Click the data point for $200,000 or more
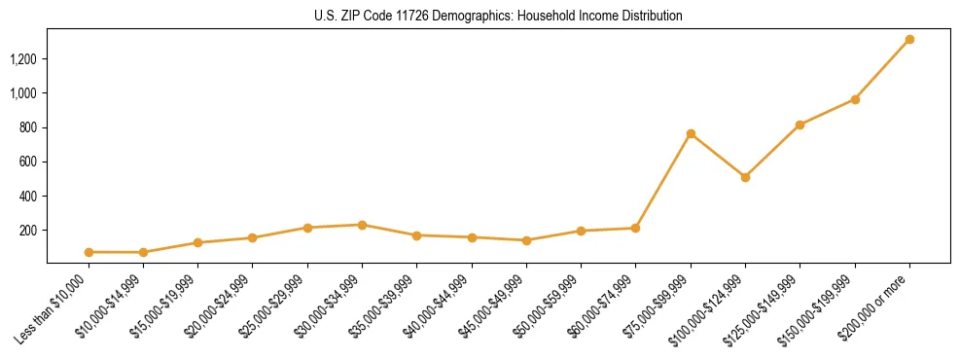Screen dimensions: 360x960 (x=909, y=40)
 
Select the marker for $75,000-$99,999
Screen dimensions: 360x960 (x=691, y=133)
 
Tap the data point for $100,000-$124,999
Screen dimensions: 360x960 (x=745, y=177)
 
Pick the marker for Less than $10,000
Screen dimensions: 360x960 (x=89, y=252)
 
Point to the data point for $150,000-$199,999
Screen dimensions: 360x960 (x=855, y=99)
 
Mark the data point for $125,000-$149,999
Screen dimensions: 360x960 (x=800, y=125)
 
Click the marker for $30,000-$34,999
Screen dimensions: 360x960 (x=362, y=225)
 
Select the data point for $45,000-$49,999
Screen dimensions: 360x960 (x=526, y=240)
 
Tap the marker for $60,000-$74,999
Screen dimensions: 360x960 (x=635, y=228)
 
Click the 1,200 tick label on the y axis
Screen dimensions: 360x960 (x=22, y=59)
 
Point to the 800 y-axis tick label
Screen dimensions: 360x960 (x=27, y=127)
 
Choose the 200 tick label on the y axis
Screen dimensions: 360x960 (x=27, y=231)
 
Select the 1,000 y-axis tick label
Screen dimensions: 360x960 (x=22, y=93)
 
